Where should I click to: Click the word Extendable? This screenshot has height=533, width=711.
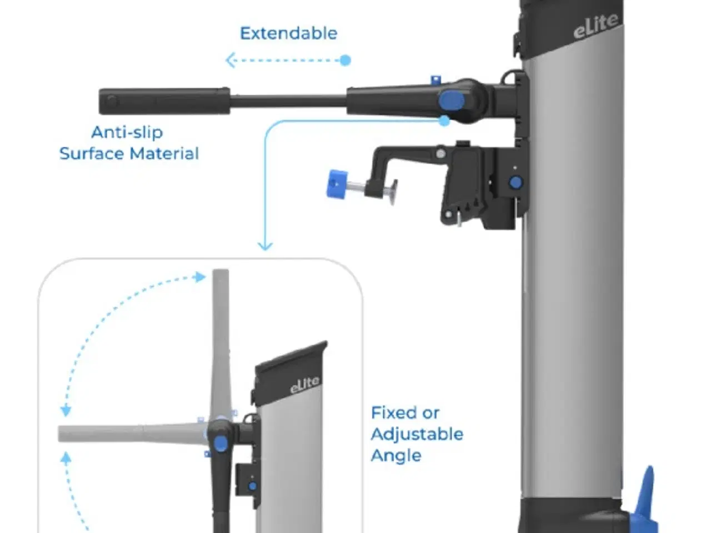tap(288, 33)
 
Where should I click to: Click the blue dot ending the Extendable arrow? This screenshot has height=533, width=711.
tap(345, 60)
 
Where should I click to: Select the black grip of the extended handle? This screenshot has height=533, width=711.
tap(164, 101)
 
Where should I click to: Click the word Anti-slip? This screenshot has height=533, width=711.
tap(127, 132)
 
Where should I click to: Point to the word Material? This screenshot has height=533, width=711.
tap(167, 154)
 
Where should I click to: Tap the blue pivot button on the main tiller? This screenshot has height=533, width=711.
tap(451, 100)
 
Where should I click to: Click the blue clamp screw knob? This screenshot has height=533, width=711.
tap(336, 183)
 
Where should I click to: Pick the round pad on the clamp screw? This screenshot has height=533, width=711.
tap(393, 190)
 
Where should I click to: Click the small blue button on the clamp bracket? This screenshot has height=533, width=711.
tap(515, 182)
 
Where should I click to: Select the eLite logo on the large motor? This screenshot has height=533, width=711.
tap(595, 26)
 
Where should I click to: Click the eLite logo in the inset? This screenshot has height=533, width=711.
tap(304, 385)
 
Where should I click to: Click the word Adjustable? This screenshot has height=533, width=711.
tap(417, 434)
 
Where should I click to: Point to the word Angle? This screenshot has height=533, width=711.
tap(395, 456)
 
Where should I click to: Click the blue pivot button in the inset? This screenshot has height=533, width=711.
tap(221, 443)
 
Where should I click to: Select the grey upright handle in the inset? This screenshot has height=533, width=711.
tap(221, 333)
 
